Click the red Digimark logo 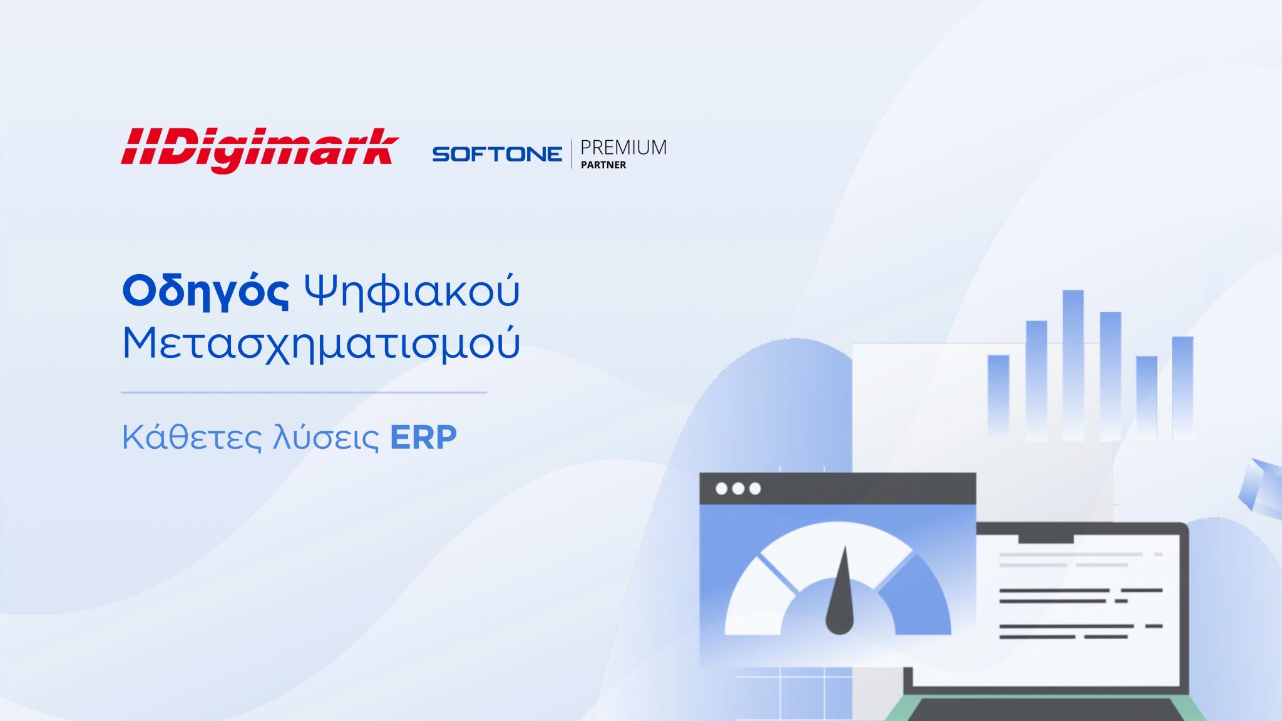[x=260, y=150]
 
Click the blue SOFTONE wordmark [x=497, y=154]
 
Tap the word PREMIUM [x=623, y=148]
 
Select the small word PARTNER [x=603, y=165]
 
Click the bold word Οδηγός [x=206, y=292]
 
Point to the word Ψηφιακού [x=412, y=292]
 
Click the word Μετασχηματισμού [x=320, y=344]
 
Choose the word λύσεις [x=326, y=437]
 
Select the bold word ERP [x=424, y=437]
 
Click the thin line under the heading [x=304, y=392]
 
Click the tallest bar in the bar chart [x=1073, y=365]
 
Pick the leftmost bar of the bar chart [x=998, y=396]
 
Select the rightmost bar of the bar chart [x=1182, y=389]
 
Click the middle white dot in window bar [x=738, y=488]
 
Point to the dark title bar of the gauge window [x=838, y=489]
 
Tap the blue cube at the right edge [x=1261, y=489]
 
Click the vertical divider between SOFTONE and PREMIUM [x=572, y=154]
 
